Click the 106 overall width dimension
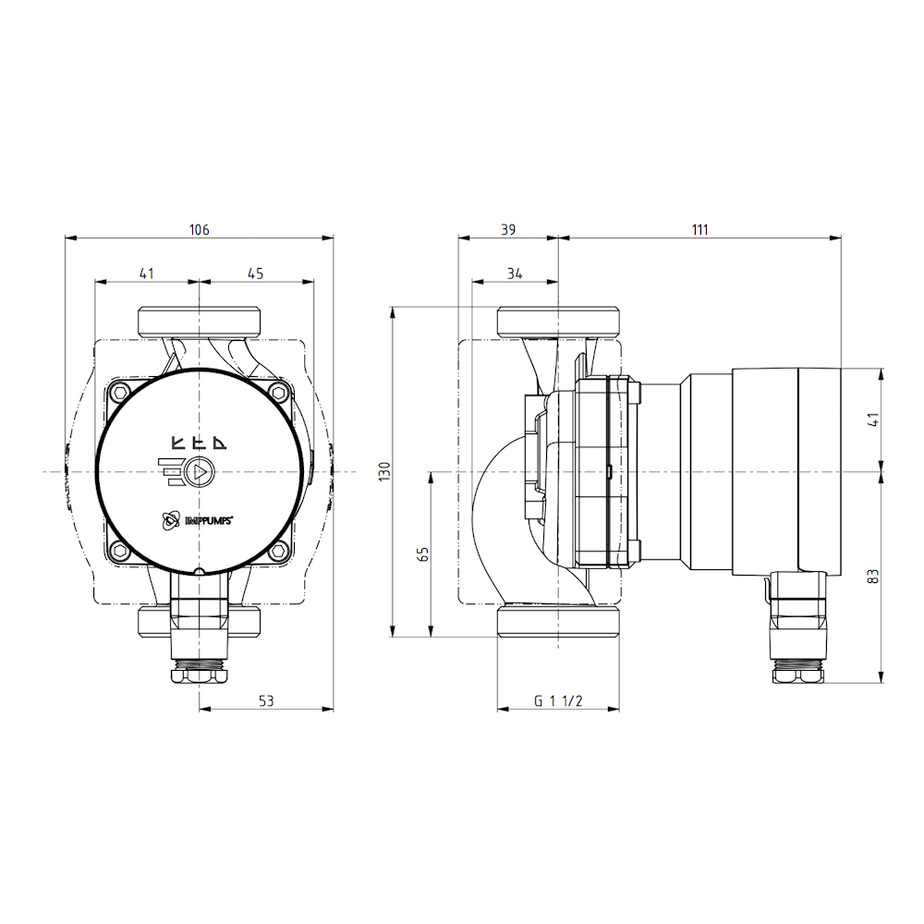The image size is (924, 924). [199, 229]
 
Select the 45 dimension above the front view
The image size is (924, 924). [256, 273]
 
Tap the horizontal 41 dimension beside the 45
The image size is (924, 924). [147, 273]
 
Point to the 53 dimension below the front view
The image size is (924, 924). [266, 700]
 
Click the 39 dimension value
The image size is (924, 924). [508, 229]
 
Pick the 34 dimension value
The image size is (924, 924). [515, 273]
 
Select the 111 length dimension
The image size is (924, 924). [699, 229]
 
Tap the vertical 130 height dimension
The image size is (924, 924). [384, 471]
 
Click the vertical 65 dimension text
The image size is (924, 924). [423, 554]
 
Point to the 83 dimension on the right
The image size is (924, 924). [873, 576]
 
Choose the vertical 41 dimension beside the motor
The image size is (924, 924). [873, 419]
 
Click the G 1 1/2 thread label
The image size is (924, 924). [558, 700]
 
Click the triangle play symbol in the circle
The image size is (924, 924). [199, 472]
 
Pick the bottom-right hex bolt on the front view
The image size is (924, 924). [278, 552]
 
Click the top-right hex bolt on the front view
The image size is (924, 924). [278, 393]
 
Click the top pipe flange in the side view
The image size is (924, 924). [558, 322]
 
